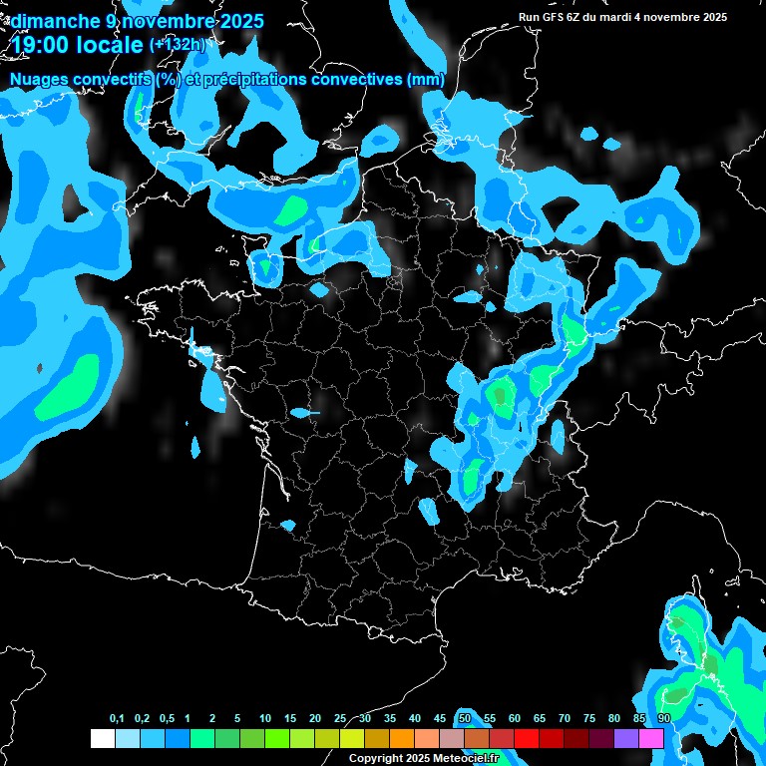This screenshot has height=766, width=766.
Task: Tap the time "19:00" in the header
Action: tap(41, 45)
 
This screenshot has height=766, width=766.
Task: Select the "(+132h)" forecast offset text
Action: tap(178, 44)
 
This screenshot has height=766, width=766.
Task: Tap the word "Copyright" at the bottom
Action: tap(375, 759)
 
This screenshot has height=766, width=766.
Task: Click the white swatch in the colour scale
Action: tap(102, 739)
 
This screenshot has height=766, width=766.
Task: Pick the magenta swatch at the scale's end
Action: tap(651, 739)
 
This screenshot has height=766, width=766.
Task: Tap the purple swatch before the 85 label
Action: tap(626, 739)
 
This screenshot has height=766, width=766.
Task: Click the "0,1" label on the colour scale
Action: tap(117, 719)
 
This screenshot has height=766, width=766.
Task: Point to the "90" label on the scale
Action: tap(664, 719)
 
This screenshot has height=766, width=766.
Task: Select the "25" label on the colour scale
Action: tap(340, 719)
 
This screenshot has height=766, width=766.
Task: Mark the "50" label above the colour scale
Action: tap(465, 719)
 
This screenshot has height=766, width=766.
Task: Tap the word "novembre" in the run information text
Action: tap(672, 17)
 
